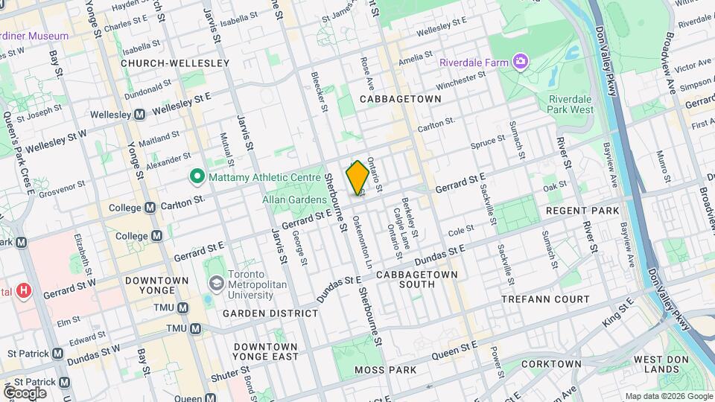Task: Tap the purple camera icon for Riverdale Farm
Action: pos(520,60)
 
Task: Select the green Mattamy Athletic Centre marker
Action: pos(197,177)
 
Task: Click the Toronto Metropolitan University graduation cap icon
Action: pos(216,283)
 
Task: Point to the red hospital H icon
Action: pos(25,290)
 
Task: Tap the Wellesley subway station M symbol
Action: pos(139,115)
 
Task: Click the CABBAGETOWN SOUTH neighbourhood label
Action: pos(427,281)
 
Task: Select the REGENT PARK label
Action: pos(582,211)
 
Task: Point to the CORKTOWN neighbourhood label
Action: pos(551,364)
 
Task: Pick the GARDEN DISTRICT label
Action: pos(270,313)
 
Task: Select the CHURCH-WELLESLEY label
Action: pos(175,63)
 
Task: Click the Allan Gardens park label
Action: pos(294,200)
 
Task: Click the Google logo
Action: pos(25,392)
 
